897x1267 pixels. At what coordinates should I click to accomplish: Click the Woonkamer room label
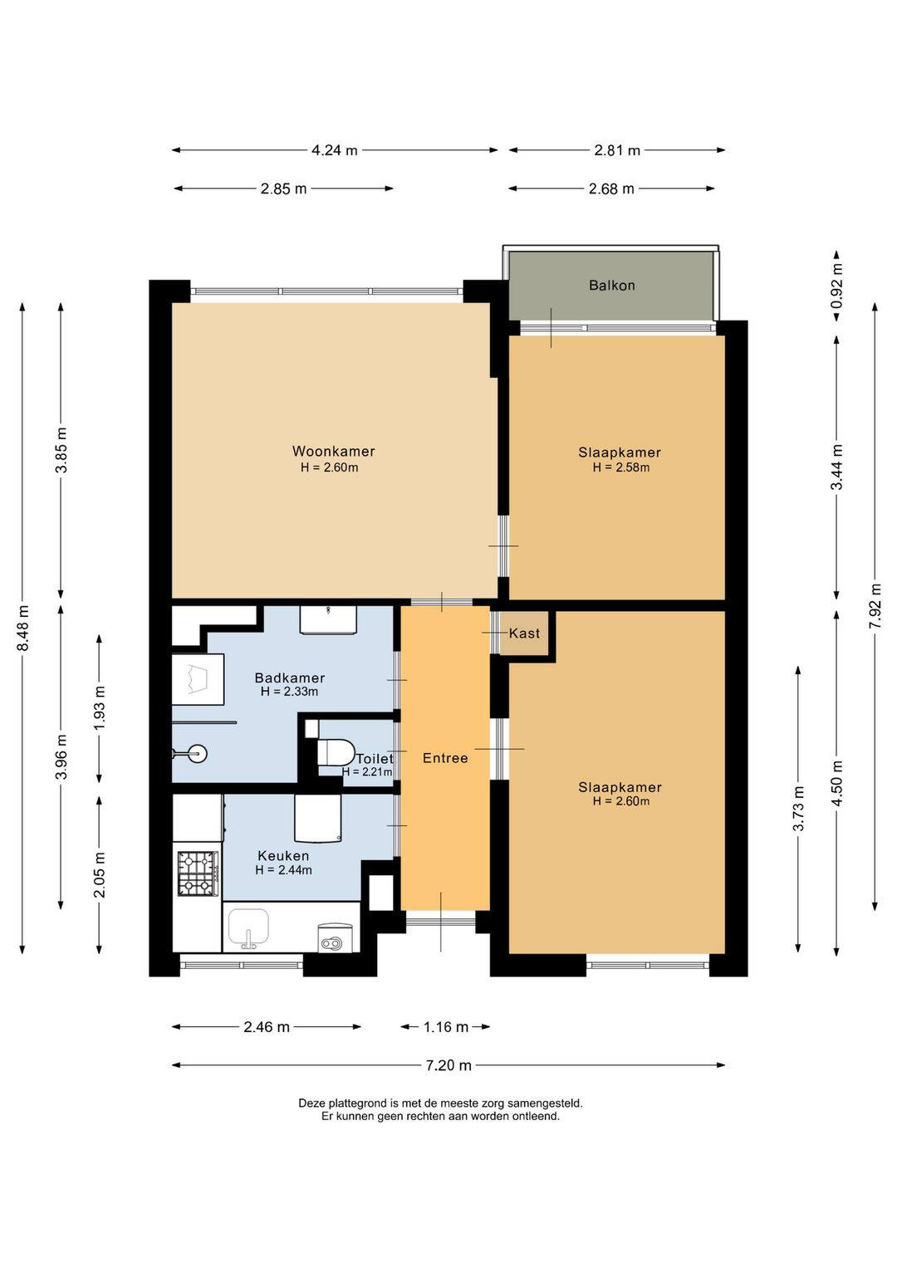coord(333,452)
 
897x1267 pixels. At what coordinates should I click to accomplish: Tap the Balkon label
coord(612,285)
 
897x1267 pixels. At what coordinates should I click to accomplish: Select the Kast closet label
coord(524,633)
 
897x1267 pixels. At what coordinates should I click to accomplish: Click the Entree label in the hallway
coord(445,758)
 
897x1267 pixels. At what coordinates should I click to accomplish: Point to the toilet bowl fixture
coord(335,751)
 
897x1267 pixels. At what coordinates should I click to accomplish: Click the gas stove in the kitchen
coord(198,874)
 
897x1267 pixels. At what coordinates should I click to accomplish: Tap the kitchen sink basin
coord(248,926)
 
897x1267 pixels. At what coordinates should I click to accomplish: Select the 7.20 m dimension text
coord(448,1065)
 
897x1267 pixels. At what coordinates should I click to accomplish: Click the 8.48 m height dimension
coord(23,628)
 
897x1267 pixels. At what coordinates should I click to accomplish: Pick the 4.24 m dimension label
coord(335,150)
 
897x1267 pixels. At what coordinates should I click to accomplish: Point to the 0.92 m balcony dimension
coord(837,286)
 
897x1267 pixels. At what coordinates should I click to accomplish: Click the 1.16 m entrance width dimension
coord(446,1026)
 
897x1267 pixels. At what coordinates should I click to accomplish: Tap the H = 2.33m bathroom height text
coord(289,691)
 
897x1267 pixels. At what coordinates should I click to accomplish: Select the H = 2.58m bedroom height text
coord(620,467)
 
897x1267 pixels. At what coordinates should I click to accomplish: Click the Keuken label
coord(283,856)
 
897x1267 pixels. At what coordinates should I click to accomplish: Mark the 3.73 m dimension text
coord(798,809)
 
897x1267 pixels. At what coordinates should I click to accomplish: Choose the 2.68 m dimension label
coord(611,188)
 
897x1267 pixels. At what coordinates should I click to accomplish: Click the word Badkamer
coord(289,678)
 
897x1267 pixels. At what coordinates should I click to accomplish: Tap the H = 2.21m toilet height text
coord(367,771)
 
